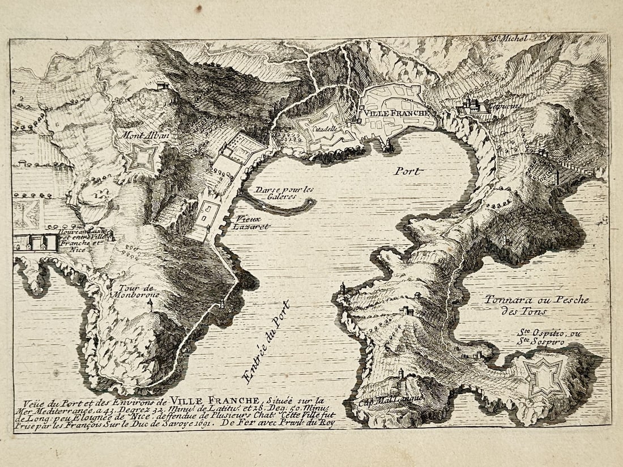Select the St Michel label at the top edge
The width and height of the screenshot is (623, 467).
point(509,38)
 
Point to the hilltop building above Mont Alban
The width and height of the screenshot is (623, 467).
point(163,85)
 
